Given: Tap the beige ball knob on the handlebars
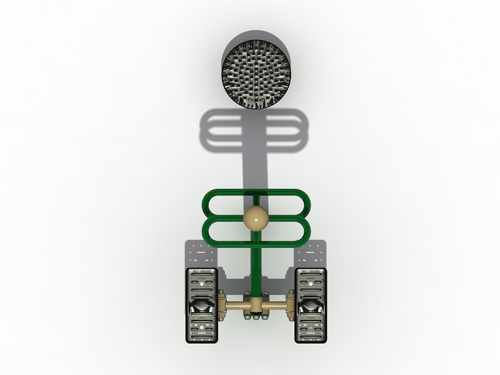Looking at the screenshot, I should point(256,219).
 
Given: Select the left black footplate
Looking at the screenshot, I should point(201,306).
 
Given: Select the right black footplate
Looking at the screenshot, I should point(311,306).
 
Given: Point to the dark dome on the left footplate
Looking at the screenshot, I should point(201,307).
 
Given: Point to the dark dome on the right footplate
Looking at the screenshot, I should point(311,307).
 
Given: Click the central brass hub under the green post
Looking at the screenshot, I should point(256,306).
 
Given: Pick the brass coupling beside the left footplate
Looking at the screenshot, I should point(221,306).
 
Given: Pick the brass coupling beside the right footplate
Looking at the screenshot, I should point(291,306).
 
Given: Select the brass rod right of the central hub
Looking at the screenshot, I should point(276,306).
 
